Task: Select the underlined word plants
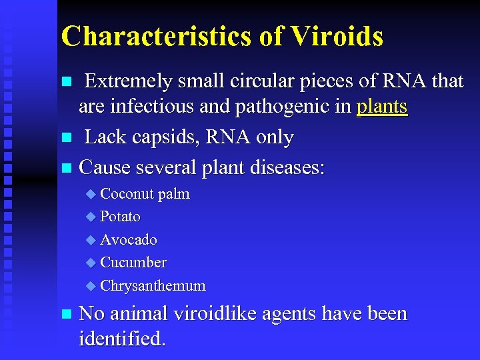point(382,107)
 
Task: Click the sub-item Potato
point(120,217)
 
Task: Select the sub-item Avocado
point(129,239)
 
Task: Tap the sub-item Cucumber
point(133,263)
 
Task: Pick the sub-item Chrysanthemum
point(153,286)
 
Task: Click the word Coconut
point(127,194)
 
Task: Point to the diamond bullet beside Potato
point(91,217)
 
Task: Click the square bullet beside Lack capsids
point(65,139)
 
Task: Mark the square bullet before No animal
point(65,315)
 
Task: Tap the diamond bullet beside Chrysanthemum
point(91,287)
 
